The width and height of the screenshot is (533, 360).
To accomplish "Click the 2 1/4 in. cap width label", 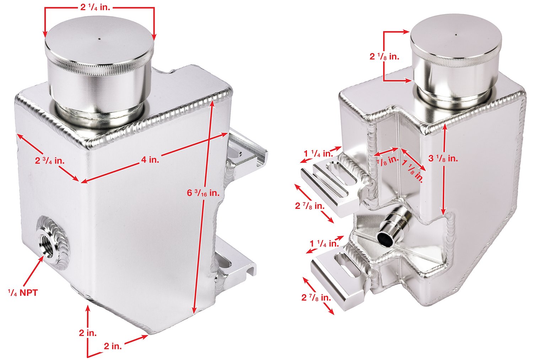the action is (x=95, y=7).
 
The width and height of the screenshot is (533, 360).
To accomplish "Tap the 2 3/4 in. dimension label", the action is (x=50, y=161).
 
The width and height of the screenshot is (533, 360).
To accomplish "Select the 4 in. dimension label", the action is (x=150, y=160).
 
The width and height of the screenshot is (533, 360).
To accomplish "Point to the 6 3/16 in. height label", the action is (x=203, y=193).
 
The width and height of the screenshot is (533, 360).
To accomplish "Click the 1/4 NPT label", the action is (x=23, y=292).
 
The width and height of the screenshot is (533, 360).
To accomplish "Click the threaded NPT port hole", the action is (x=48, y=241).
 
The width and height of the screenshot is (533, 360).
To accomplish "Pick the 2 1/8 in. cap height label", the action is (x=384, y=57).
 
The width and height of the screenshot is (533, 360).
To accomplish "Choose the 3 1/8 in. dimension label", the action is (x=443, y=158).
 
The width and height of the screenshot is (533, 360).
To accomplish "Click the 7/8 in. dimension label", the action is (x=387, y=161).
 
